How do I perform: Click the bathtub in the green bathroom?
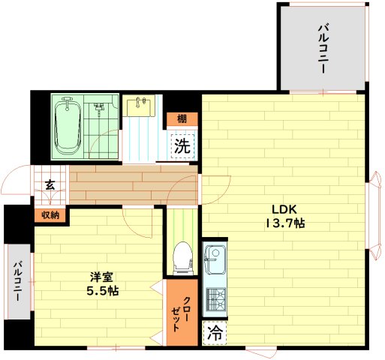pyautogui.click(x=68, y=126)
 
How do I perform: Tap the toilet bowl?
pyautogui.click(x=183, y=258)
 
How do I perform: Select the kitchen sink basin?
pyautogui.click(x=215, y=259)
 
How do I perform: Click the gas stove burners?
pyautogui.click(x=215, y=299)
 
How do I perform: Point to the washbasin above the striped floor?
pyautogui.click(x=139, y=107)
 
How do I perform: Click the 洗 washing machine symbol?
pyautogui.click(x=182, y=146)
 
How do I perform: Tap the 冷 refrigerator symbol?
pyautogui.click(x=215, y=333)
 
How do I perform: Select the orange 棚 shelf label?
pyautogui.click(x=182, y=119)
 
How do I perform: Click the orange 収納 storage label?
pyautogui.click(x=50, y=215)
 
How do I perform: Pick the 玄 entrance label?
pyautogui.click(x=50, y=185)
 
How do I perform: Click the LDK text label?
pyautogui.click(x=284, y=209)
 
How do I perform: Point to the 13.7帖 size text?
pyautogui.click(x=285, y=223)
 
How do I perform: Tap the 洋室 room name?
pyautogui.click(x=102, y=277)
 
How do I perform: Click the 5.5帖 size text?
pyautogui.click(x=103, y=291)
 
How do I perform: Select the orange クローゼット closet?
pyautogui.click(x=182, y=312)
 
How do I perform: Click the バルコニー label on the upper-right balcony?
pyautogui.click(x=323, y=49)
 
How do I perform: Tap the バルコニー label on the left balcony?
pyautogui.click(x=17, y=281)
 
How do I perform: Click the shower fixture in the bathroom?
pyautogui.click(x=99, y=107)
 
